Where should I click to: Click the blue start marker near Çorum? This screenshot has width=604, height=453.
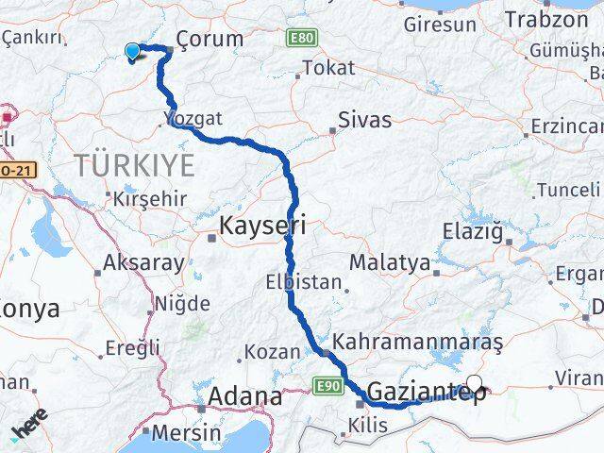tap(132, 52)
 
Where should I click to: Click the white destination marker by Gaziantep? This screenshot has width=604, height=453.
tap(475, 384)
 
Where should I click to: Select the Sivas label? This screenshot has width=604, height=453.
tap(366, 120)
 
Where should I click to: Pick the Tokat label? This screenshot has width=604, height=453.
tap(328, 68)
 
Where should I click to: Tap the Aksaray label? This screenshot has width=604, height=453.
tap(144, 263)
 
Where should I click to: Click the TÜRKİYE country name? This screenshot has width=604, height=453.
tap(135, 166)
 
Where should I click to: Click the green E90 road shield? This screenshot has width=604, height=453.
tap(327, 386)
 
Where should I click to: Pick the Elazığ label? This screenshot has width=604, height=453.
tap(478, 229)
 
